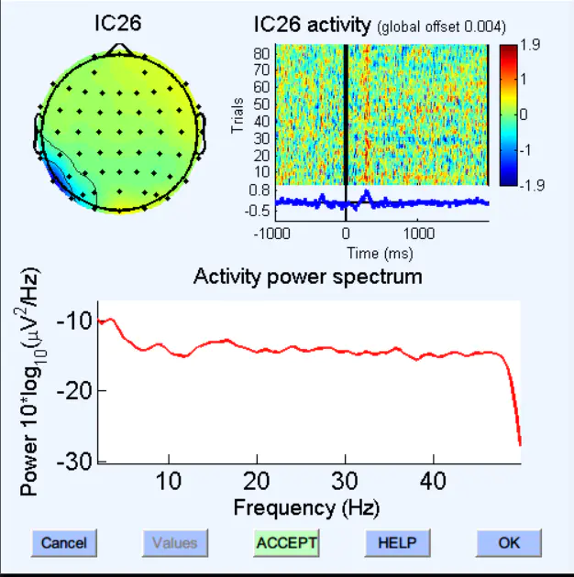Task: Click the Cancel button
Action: [64, 543]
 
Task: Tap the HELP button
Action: [397, 543]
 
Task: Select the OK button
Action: [509, 543]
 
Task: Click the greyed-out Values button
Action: [174, 543]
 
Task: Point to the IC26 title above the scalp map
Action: [118, 23]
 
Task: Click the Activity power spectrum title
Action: [308, 277]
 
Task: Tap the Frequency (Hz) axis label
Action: [306, 506]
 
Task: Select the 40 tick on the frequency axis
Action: [434, 481]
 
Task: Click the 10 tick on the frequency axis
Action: [169, 481]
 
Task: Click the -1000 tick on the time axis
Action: [273, 233]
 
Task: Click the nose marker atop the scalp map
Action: [118, 48]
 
